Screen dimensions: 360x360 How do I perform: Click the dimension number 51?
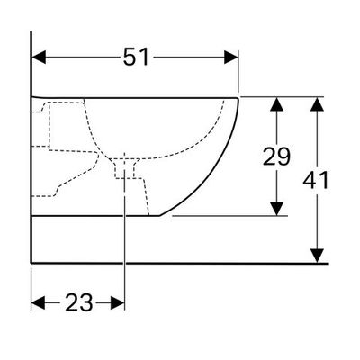coord(136,57)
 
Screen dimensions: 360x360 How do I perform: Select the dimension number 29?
coord(276,157)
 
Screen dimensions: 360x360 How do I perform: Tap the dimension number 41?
coord(316,181)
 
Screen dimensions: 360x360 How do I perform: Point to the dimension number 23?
coord(78,302)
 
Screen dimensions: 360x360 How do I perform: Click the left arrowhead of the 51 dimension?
coord(39,58)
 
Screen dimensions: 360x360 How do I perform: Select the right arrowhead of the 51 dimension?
coord(231,58)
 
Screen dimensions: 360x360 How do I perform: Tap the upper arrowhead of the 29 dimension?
coord(276,104)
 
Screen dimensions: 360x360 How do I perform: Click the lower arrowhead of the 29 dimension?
coord(276,209)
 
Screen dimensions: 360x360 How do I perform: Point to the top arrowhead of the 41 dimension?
coord(317,104)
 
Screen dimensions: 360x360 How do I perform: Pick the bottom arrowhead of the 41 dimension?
coord(317,256)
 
